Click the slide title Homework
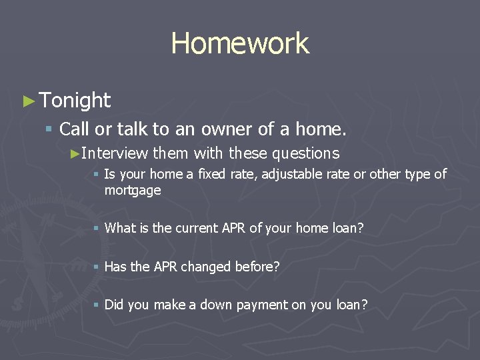pyautogui.click(x=240, y=44)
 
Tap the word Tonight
pyautogui.click(x=75, y=101)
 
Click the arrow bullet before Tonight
pyautogui.click(x=28, y=101)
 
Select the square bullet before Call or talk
pyautogui.click(x=48, y=128)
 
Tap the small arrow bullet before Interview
pyautogui.click(x=75, y=153)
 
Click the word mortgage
pyautogui.click(x=133, y=191)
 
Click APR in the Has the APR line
pyautogui.click(x=166, y=267)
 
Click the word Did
pyautogui.click(x=113, y=305)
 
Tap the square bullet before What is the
pyautogui.click(x=96, y=228)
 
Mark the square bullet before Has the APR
pyautogui.click(x=96, y=267)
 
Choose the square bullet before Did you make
pyautogui.click(x=96, y=305)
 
